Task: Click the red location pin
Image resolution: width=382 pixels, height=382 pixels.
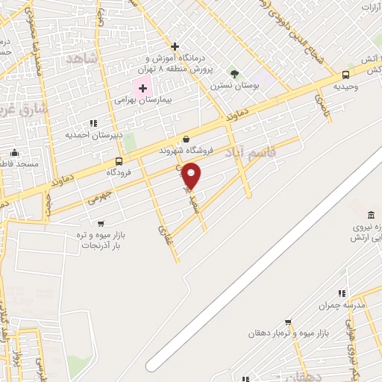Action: point(192,175)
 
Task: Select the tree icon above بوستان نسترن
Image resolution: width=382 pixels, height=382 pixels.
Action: point(234,74)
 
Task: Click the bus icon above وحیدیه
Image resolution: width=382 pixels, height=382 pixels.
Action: point(345,75)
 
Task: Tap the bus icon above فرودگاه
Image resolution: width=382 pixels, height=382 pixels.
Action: point(119,161)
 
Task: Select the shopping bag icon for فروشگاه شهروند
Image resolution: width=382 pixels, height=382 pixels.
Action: point(186,139)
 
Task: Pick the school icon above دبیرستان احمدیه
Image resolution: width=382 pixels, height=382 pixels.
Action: point(93,123)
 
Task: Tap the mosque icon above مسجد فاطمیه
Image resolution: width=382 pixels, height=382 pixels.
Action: point(13,153)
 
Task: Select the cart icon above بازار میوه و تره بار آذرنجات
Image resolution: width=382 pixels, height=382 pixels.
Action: point(101,223)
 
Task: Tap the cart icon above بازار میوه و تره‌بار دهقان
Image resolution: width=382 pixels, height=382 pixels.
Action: point(288,322)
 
